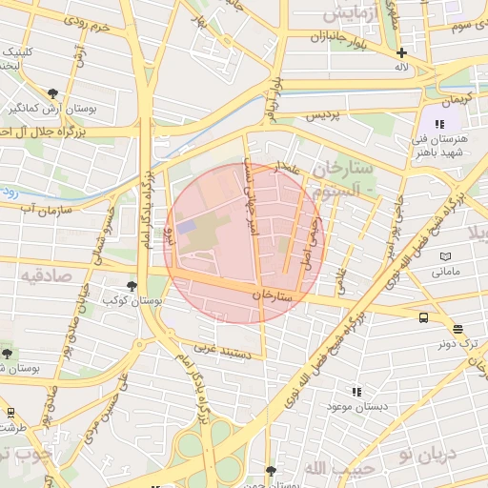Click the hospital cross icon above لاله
click(x=402, y=53)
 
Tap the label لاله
click(x=402, y=69)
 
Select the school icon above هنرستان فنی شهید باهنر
click(x=438, y=124)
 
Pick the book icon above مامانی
click(x=446, y=256)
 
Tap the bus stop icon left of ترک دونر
click(x=423, y=318)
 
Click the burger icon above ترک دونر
click(x=458, y=329)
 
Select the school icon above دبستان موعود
click(x=356, y=391)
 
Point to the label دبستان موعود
click(x=356, y=407)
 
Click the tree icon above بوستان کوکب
click(x=132, y=285)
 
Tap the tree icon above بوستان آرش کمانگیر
click(x=51, y=93)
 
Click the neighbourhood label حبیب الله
click(x=330, y=467)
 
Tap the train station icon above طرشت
click(x=11, y=413)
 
